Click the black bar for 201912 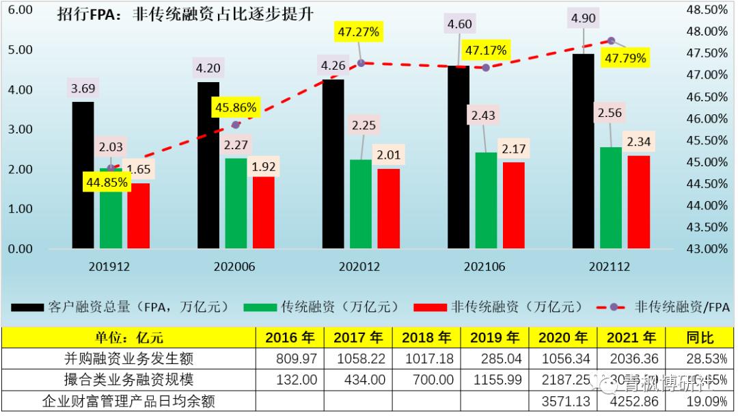[x=83, y=175]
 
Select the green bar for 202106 [x=486, y=200]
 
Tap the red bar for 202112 [x=639, y=202]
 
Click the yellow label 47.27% [x=357, y=31]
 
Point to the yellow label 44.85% [x=107, y=183]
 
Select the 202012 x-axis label [x=360, y=267]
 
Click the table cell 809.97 [x=289, y=358]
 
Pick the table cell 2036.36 [x=631, y=358]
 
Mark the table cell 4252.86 [x=631, y=401]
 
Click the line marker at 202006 [x=236, y=125]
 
